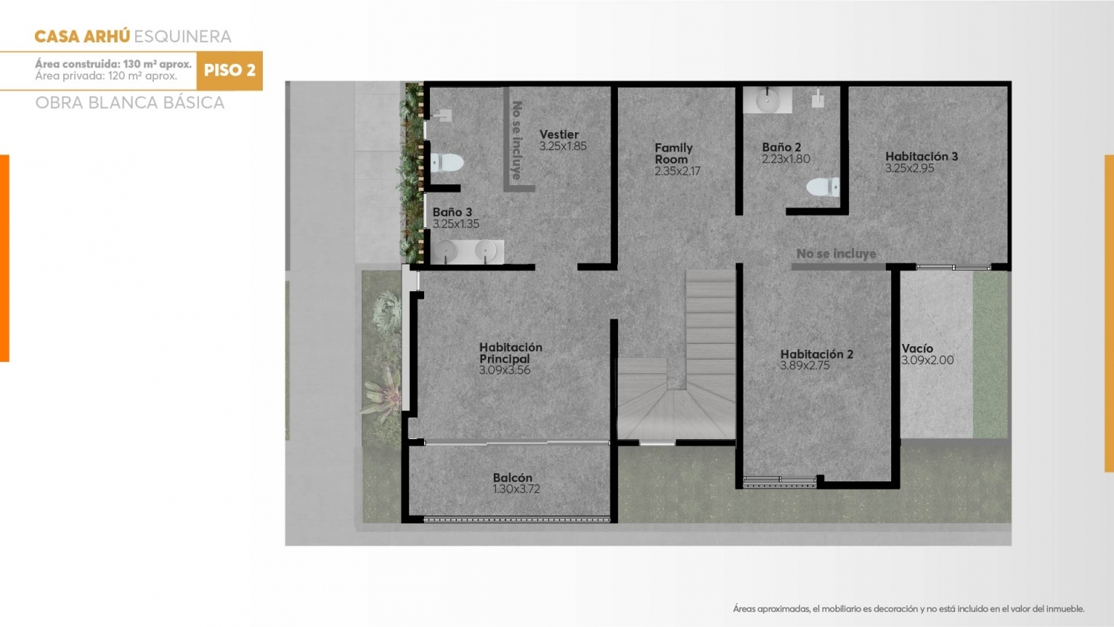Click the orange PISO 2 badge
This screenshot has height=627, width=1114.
(229, 71)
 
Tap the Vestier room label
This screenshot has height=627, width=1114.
(559, 134)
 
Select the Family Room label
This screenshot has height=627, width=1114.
(674, 153)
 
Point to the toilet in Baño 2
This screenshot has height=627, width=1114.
(823, 186)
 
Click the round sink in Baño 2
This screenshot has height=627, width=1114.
(768, 100)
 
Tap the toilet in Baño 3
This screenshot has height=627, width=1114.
(446, 162)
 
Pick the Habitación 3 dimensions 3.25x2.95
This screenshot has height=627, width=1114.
(910, 168)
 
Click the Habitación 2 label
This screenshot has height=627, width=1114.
(817, 354)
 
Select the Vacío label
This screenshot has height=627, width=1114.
(917, 348)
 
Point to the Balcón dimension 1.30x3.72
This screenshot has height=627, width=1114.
(516, 489)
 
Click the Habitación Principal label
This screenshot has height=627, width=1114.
(511, 353)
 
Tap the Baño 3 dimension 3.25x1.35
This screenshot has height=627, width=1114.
(455, 224)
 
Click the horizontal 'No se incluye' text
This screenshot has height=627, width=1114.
(836, 254)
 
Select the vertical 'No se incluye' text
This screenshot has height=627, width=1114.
(517, 140)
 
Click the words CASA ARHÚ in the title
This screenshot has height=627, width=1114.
(82, 36)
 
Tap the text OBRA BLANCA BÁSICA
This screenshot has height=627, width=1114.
(130, 103)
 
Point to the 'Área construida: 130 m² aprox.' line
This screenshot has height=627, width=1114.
(114, 64)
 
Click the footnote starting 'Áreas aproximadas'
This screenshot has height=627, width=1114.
(908, 608)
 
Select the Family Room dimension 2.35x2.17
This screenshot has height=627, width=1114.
(677, 171)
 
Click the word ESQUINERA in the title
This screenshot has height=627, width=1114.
(183, 36)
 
